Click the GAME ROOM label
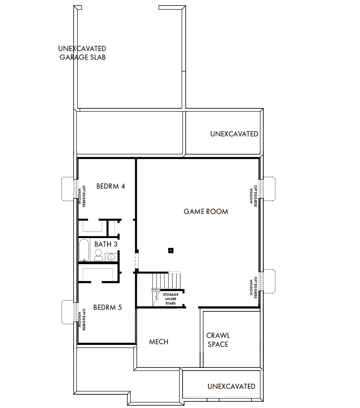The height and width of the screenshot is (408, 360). point(206,212)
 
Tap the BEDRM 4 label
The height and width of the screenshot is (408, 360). point(110,186)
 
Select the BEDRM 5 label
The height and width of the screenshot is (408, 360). point(107,307)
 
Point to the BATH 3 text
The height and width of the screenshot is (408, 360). point(106,244)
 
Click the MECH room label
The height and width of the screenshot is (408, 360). point(159,342)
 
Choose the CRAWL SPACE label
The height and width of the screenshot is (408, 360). point(218,340)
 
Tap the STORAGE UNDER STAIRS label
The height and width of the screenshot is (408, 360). point(170,298)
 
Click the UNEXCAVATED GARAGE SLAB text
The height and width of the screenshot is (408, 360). point(82,53)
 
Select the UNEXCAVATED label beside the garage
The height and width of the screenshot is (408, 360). point(234,134)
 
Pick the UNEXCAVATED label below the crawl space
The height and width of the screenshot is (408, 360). point(231,387)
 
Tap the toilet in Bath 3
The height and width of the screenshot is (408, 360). point(98,255)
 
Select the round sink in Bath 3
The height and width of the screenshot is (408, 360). point(111,256)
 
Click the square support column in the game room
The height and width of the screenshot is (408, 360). point(170,251)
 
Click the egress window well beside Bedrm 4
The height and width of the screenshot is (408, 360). point(67,189)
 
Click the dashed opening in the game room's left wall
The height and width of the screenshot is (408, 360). point(136,262)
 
